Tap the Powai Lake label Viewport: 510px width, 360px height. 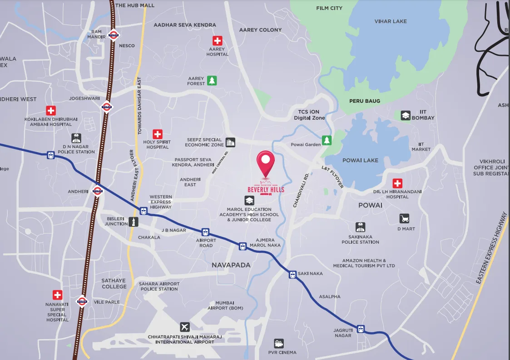coord(361,160)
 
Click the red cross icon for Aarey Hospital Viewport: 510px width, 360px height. coord(218,40)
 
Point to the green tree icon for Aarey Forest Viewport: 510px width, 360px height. coord(212,80)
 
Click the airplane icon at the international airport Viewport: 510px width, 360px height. coord(184,327)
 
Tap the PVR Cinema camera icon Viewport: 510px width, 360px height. coord(279,343)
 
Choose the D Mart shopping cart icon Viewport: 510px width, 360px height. coord(404,219)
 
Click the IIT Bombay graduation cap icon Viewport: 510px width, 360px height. coord(406,115)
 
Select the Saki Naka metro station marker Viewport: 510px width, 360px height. coord(292,274)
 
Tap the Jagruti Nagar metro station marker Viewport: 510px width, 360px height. coord(361,329)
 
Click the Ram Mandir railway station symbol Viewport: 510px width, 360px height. coord(114,35)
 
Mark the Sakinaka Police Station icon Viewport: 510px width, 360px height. coord(360,227)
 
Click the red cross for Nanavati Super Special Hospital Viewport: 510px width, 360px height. coord(57,295)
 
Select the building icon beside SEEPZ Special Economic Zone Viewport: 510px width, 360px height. coord(231,142)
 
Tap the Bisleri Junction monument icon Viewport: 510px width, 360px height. coord(133,221)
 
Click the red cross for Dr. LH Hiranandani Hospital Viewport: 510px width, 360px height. coord(397,183)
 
